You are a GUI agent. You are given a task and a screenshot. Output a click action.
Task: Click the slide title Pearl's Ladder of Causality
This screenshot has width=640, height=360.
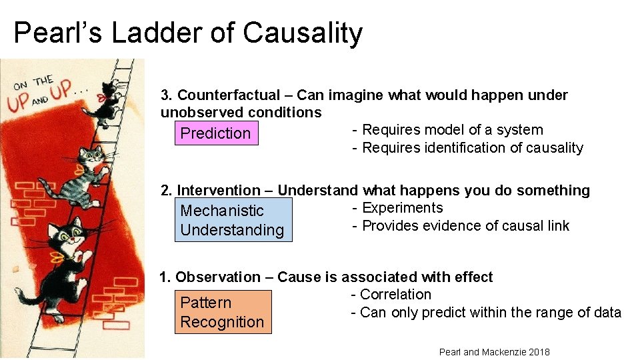[x=188, y=33]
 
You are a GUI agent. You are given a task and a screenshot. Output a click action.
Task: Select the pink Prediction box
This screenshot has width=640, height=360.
[x=215, y=133]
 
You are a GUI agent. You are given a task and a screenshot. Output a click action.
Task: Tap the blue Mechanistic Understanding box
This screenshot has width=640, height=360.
[x=233, y=220]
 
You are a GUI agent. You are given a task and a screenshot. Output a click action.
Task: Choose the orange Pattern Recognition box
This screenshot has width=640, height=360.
[x=223, y=312]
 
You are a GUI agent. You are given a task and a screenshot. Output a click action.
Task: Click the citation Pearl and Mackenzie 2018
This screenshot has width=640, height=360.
[x=494, y=352]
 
